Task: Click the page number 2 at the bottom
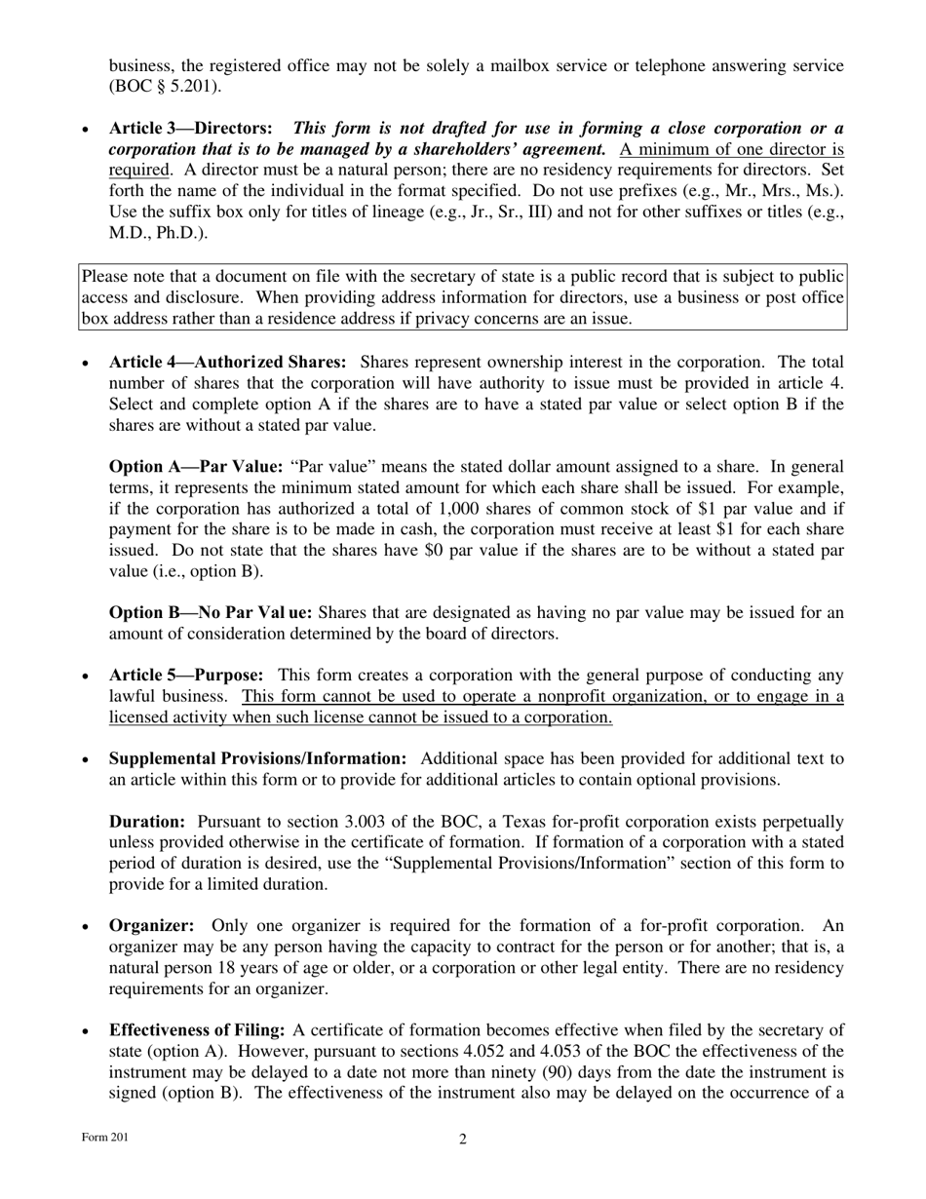tap(463, 1140)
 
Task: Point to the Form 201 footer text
tap(104, 1138)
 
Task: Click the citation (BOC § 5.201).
tap(165, 86)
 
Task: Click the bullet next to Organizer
tap(87, 927)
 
